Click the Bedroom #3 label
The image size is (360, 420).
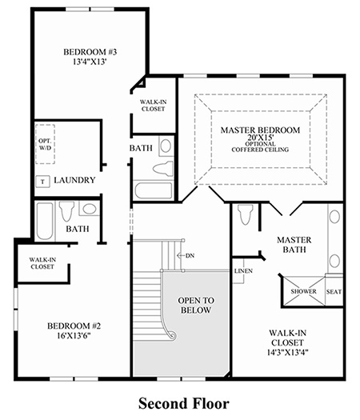[90, 52]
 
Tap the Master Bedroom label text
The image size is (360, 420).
[260, 130]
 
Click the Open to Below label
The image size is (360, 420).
[196, 306]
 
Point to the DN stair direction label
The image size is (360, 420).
[190, 255]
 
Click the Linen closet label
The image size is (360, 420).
[243, 271]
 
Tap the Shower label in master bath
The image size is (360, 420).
[303, 291]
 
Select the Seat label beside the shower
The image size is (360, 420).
[334, 292]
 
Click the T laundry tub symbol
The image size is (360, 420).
[43, 182]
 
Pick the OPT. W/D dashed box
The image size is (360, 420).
[46, 144]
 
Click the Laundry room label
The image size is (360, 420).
[74, 180]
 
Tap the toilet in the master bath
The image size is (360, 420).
[246, 214]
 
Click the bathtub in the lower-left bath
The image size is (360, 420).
[45, 222]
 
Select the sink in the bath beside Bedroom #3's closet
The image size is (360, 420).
[166, 146]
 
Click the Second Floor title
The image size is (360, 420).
[184, 403]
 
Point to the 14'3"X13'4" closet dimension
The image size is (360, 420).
[287, 352]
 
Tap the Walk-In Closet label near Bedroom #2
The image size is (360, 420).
[42, 263]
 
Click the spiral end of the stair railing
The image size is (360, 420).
[173, 336]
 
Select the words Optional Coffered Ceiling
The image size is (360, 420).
[260, 146]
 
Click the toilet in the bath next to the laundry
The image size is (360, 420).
[66, 211]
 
